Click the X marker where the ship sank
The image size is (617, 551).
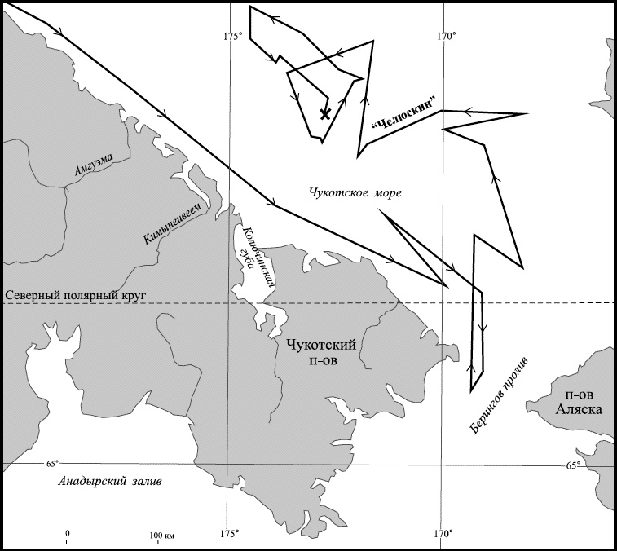point(325,114)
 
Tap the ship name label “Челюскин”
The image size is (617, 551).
point(405,113)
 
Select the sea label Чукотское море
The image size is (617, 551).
point(355,193)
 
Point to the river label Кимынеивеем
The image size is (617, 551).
point(174,223)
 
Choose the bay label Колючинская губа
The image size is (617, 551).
point(256,258)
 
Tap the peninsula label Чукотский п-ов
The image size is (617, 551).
point(321,352)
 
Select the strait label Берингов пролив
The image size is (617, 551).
point(500,396)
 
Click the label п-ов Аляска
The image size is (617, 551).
point(579,403)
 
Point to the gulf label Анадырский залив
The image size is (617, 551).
point(109,482)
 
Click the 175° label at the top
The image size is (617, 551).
point(233,36)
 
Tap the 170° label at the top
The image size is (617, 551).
point(447,36)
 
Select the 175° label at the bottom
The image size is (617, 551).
point(230,534)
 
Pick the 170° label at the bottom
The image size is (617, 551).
point(444,534)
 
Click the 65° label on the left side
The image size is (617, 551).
point(52,463)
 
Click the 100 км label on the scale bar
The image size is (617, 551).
point(161,536)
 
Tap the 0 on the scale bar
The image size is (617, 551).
point(68,533)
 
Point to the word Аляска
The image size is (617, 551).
point(579,410)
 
